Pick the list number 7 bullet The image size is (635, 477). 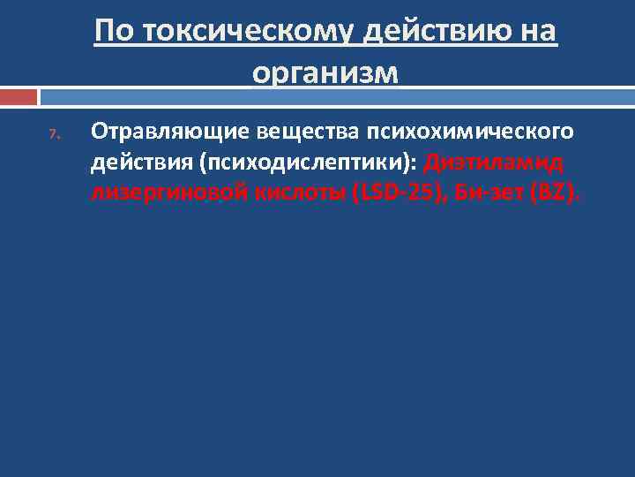point(53,135)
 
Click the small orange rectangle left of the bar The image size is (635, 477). point(19,95)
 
